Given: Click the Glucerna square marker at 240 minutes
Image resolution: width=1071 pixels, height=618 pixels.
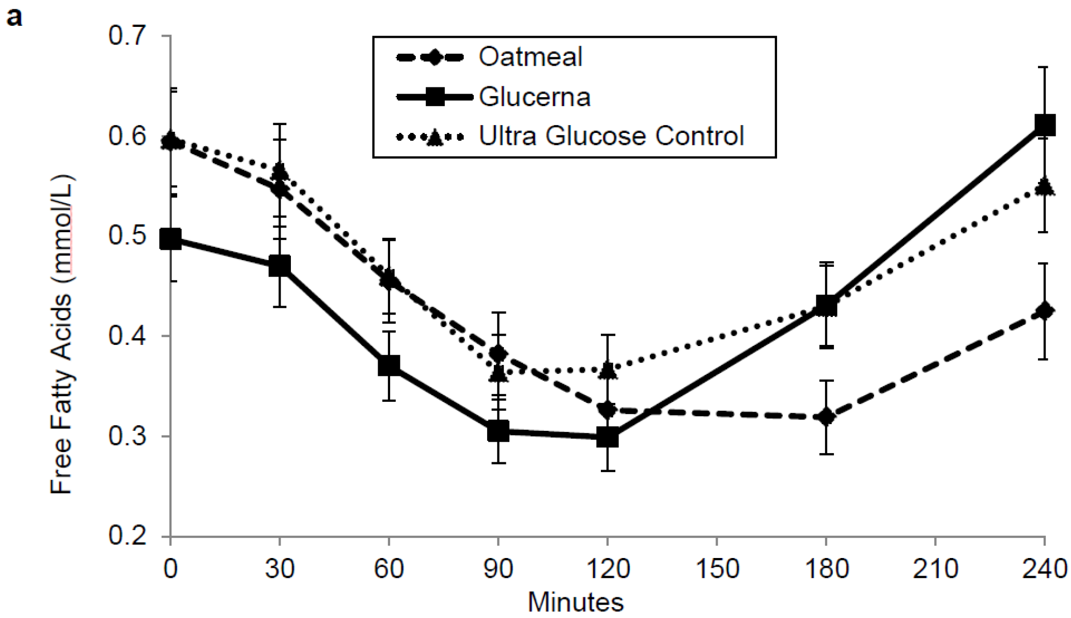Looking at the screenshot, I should click(1044, 125).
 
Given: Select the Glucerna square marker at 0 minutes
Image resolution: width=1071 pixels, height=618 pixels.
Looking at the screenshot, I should click(170, 239).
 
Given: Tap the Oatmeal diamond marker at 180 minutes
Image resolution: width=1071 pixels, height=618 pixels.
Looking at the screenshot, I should click(826, 416).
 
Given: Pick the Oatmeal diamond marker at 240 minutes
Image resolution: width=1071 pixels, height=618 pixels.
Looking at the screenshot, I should click(1044, 311).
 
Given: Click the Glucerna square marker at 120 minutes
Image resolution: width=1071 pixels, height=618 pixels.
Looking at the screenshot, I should click(607, 438).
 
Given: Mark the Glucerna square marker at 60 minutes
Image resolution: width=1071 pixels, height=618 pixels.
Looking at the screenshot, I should click(389, 366).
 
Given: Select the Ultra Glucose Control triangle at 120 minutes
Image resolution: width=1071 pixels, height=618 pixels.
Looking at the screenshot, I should click(607, 370).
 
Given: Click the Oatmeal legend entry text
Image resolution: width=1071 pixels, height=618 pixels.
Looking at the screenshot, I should click(530, 56).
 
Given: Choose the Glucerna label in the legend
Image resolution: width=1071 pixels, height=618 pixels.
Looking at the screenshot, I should click(534, 97).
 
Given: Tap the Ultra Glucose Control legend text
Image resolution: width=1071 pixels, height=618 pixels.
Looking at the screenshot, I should click(611, 136).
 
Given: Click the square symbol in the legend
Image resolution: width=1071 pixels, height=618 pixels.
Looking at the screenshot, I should click(434, 97).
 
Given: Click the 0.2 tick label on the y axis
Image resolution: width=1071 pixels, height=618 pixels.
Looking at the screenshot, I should click(127, 535).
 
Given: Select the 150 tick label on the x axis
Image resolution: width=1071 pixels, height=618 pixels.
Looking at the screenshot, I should click(717, 569).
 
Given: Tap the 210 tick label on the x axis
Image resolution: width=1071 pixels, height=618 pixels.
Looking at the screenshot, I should click(935, 569).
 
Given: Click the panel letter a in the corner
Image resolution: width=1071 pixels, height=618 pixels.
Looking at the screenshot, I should click(14, 17).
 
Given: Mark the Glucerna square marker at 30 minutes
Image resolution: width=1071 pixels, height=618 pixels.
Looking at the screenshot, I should click(280, 266).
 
